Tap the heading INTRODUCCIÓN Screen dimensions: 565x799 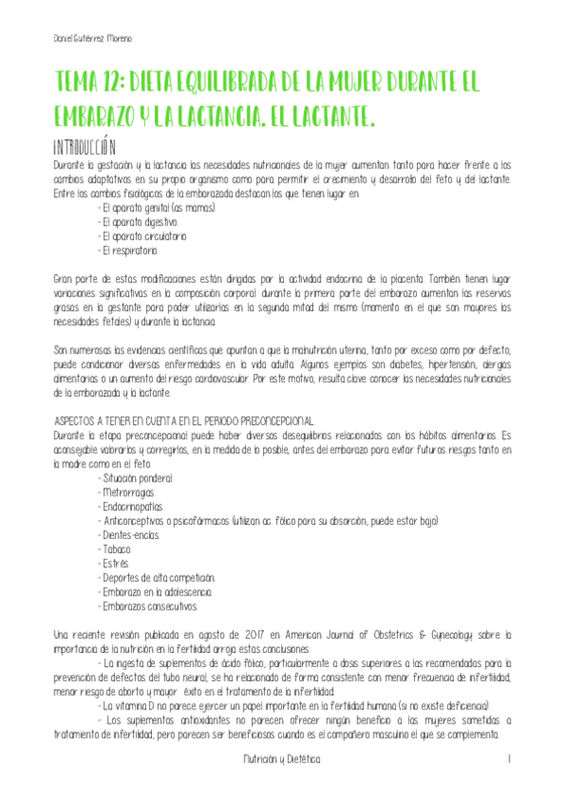tap(86, 147)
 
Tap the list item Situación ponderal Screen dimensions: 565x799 tap(139, 479)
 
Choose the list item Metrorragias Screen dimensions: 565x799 tap(127, 493)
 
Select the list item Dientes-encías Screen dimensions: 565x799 tap(129, 535)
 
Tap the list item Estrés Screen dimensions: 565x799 tap(113, 563)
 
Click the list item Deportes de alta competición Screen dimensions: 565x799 tap(157, 578)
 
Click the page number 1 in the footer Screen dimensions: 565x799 tap(508, 758)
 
